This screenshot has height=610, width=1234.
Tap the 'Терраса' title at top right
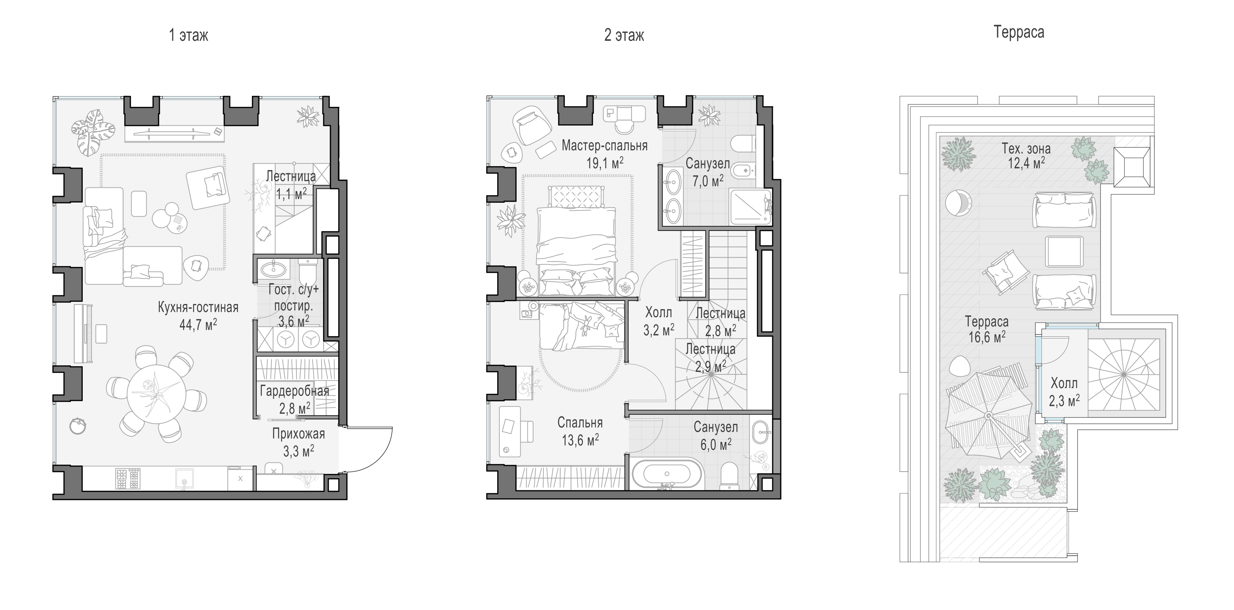coord(1019,32)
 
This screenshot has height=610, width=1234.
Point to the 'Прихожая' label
coord(298,434)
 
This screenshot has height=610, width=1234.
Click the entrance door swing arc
coord(379,455)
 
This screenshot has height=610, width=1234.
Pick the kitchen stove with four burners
coord(127,478)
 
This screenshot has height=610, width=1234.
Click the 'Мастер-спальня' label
coord(605,145)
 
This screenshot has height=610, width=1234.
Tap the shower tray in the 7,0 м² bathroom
coord(750,207)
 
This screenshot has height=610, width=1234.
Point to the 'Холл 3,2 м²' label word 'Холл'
coord(659,312)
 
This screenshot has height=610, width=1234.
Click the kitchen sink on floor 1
coord(184,478)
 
